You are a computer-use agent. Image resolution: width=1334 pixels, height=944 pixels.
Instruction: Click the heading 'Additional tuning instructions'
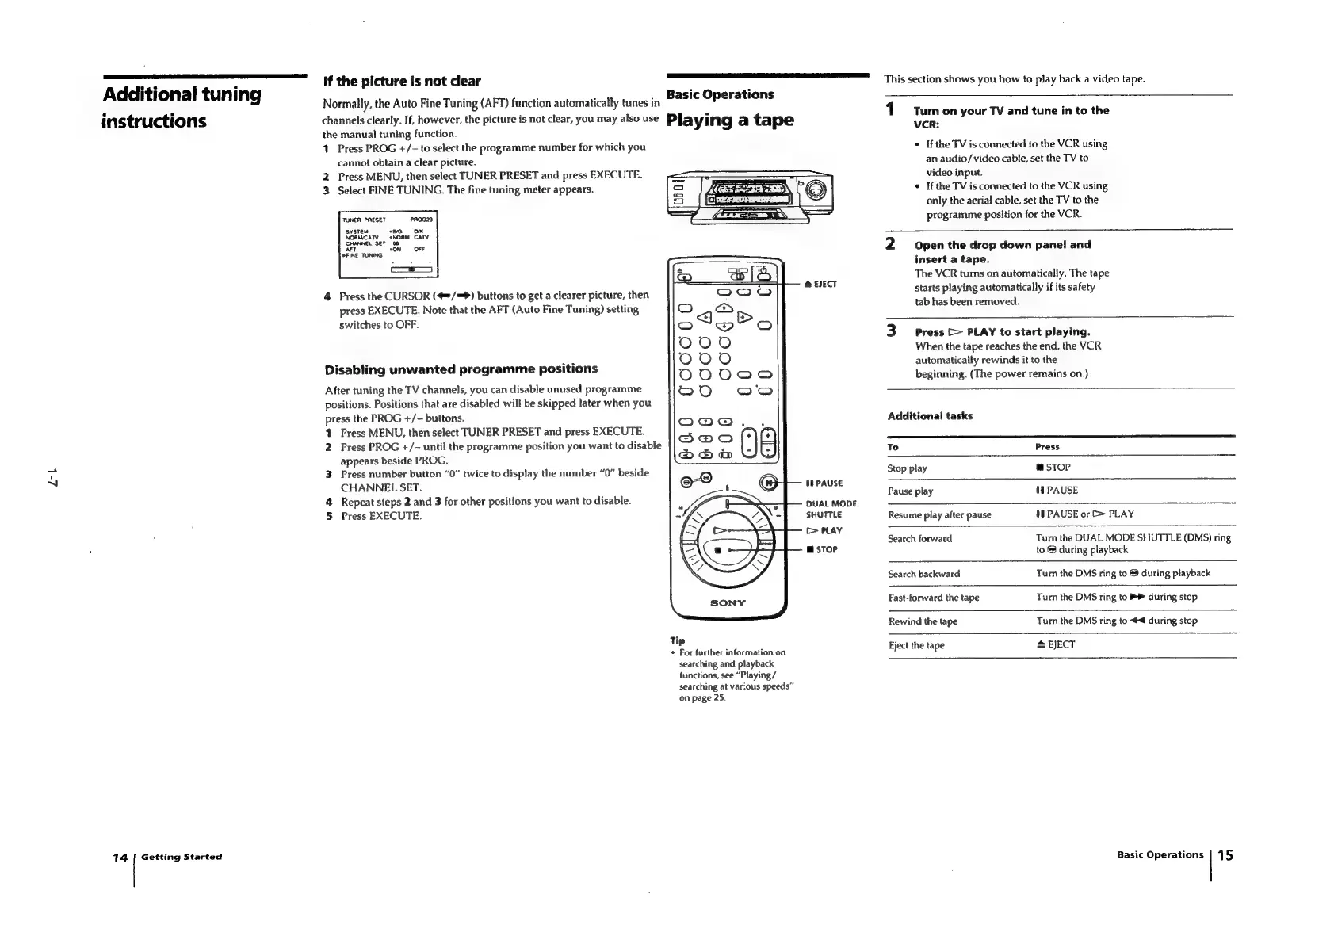[x=182, y=107]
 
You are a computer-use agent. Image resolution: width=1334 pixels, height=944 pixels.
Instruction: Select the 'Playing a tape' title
[x=730, y=120]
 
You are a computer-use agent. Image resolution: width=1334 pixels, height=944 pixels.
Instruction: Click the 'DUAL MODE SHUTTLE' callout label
[x=831, y=509]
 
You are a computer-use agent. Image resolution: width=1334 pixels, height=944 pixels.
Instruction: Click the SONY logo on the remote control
[x=728, y=602]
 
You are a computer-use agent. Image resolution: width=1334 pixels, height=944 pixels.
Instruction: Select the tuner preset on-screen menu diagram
[x=388, y=243]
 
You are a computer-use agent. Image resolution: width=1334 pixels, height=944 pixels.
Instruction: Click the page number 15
[x=1225, y=854]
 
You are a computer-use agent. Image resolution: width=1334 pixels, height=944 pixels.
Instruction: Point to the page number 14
[x=120, y=857]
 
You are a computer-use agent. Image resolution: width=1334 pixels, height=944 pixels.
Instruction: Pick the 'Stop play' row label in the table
[x=907, y=468]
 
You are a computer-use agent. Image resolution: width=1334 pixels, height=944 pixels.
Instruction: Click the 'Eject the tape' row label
[x=915, y=645]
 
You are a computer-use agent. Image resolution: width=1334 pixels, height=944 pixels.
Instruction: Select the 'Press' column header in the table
[x=1047, y=447]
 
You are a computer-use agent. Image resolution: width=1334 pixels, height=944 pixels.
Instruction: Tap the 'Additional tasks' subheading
[x=930, y=416]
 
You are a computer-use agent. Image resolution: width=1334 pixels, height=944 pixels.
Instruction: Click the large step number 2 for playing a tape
[x=891, y=244]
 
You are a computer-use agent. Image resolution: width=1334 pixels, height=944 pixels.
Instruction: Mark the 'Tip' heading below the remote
[x=677, y=640]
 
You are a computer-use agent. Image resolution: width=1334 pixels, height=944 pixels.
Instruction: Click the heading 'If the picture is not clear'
[x=401, y=81]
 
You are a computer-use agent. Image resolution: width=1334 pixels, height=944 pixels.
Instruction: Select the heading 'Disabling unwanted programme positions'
[x=461, y=369]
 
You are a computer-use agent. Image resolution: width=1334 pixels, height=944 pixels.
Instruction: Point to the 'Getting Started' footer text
[x=182, y=857]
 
